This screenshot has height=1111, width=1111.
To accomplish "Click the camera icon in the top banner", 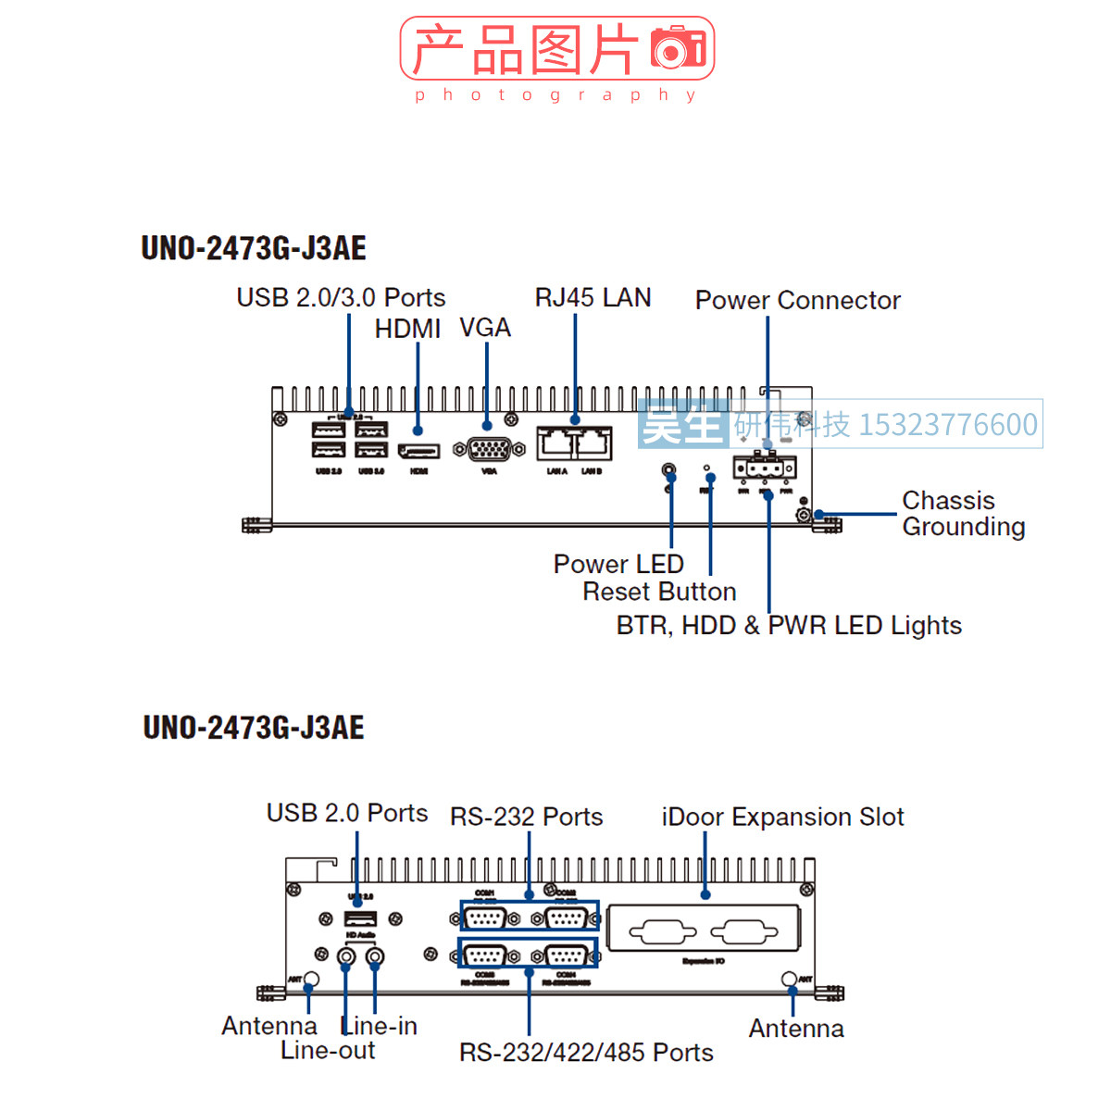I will (x=678, y=48).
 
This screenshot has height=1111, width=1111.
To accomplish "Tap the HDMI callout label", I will (x=407, y=330).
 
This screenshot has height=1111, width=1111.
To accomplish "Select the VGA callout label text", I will (x=485, y=329).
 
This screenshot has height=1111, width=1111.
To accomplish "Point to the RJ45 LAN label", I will (x=593, y=298).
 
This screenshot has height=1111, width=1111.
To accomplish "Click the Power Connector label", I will (x=797, y=301).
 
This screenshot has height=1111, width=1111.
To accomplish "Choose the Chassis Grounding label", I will (x=963, y=514).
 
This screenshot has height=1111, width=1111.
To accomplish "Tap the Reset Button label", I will (x=659, y=592).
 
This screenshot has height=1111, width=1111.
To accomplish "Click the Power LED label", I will (x=618, y=564).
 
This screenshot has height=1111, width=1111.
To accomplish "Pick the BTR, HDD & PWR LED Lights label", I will (x=789, y=626).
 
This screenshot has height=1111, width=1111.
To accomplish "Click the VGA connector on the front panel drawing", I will (x=489, y=449).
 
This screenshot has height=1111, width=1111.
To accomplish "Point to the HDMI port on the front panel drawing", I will (x=418, y=451).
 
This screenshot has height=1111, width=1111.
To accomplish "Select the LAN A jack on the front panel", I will (x=556, y=443).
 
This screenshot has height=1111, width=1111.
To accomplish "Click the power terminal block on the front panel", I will (x=764, y=467).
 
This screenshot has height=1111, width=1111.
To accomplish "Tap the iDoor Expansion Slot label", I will (x=782, y=818).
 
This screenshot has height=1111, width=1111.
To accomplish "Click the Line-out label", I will (x=328, y=1051).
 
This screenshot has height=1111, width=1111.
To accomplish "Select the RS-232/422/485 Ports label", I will (x=586, y=1053).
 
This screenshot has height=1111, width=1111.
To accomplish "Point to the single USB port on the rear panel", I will (x=360, y=918).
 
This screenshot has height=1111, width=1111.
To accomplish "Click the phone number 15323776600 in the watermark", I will (x=948, y=425).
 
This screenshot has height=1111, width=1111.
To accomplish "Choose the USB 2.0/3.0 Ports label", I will (x=341, y=298).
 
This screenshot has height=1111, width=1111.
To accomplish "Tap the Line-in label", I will (x=380, y=1026).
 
